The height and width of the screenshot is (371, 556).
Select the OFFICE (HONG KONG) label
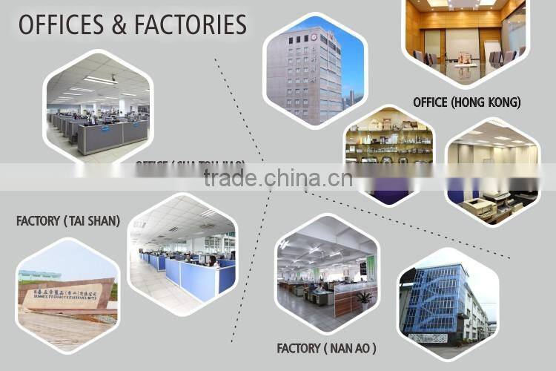tap(467, 102)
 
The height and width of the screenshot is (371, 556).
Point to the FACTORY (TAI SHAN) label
tap(68, 220)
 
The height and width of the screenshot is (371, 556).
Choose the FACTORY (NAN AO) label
tap(326, 347)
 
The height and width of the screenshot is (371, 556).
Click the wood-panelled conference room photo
tap(464, 37)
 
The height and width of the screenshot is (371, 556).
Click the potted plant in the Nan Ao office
tap(364, 298)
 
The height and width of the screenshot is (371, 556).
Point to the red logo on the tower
tap(314, 36)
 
